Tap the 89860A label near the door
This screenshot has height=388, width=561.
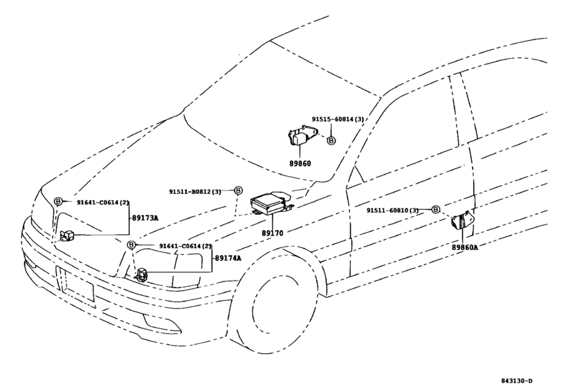465,246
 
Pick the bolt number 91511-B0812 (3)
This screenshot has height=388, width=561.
196,191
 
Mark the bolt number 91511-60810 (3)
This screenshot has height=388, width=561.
393,210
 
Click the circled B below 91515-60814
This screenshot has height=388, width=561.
331,140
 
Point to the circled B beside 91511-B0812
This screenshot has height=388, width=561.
237,191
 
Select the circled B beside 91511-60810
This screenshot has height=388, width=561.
436,209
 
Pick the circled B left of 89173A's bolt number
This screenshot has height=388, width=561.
59,201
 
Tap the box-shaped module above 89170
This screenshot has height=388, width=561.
271,201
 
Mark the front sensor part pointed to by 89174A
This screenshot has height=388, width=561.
141,274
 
